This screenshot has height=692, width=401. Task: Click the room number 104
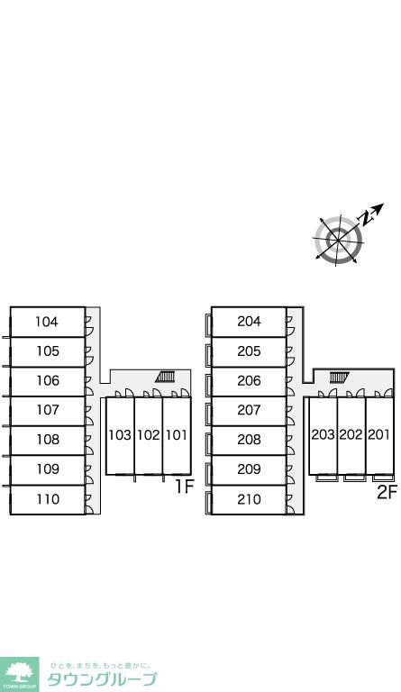pyautogui.click(x=47, y=322)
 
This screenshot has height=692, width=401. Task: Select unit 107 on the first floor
pyautogui.click(x=48, y=410)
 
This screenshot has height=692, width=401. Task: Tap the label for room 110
pyautogui.click(x=48, y=499)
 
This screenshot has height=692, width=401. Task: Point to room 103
pyautogui.click(x=120, y=435)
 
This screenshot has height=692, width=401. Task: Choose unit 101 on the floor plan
pyautogui.click(x=177, y=435)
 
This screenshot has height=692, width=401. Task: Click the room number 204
pyautogui.click(x=250, y=322)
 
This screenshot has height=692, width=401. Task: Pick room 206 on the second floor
pyautogui.click(x=250, y=380)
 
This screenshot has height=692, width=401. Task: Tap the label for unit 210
pyautogui.click(x=250, y=499)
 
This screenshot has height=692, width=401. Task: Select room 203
pyautogui.click(x=324, y=434)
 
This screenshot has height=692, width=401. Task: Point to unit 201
pyautogui.click(x=379, y=434)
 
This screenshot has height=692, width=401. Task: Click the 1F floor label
pyautogui.click(x=185, y=487)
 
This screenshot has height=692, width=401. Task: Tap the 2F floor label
pyautogui.click(x=387, y=492)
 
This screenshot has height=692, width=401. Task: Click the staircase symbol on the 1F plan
pyautogui.click(x=166, y=377)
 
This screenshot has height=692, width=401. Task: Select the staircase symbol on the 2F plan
pyautogui.click(x=339, y=377)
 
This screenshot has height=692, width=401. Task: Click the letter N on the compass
pyautogui.click(x=366, y=218)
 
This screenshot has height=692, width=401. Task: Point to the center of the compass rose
pyautogui.click(x=338, y=240)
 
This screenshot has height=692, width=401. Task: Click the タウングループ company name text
pyautogui.click(x=102, y=678)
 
